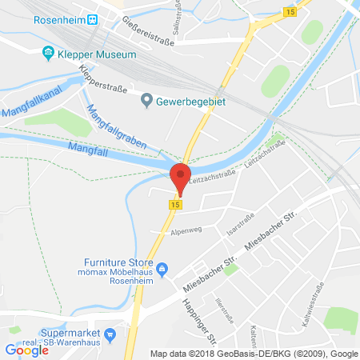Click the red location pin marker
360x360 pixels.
coord(181,178)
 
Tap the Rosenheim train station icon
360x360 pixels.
coord(93,18)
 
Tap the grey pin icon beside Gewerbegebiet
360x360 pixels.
coord(146,100)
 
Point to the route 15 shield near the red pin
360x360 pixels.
coord(173,205)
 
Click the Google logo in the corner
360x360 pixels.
coord(26,349)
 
